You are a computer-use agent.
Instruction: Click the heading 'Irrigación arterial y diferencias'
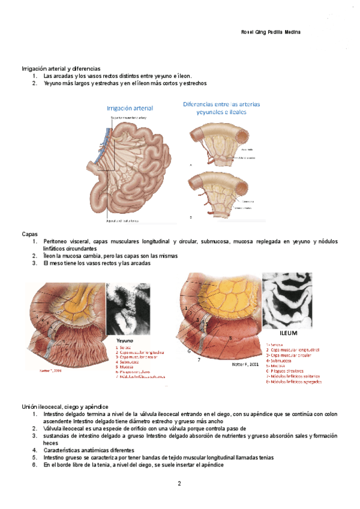coord(61,69)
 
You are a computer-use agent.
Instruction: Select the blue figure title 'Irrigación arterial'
coord(130,108)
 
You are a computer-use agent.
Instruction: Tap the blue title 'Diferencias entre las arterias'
coord(221,104)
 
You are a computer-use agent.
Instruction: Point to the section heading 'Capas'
coord(29,233)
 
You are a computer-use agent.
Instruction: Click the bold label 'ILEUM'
coord(289,332)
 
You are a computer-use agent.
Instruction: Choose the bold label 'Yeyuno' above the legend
coord(125,340)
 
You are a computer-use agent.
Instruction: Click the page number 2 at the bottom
coord(179,483)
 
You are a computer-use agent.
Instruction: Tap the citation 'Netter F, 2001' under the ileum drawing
coord(245,364)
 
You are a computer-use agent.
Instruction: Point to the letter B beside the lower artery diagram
coord(191,217)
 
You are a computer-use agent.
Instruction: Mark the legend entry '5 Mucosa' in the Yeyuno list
coord(126,367)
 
